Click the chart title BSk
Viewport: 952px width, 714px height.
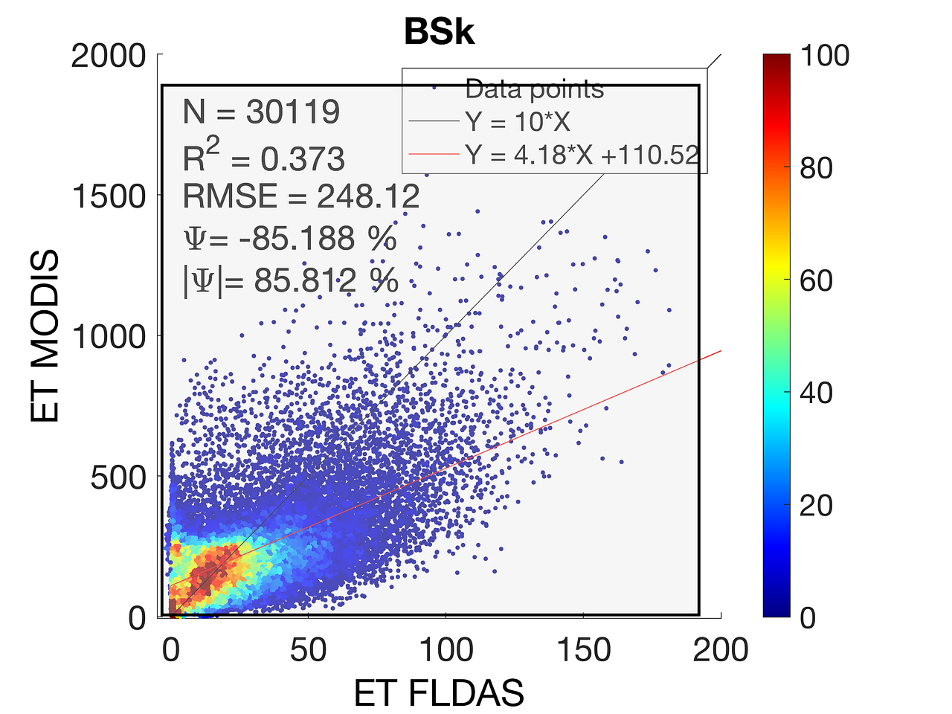coord(439,33)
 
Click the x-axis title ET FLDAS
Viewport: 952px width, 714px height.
coord(439,693)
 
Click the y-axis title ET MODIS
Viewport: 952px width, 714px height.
coord(46,336)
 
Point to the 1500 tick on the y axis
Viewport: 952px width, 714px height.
coord(109,196)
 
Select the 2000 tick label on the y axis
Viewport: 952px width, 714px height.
coord(109,56)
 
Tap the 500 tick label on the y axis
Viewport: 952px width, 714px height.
coord(118,477)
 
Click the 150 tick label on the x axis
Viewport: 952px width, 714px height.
coord(583,650)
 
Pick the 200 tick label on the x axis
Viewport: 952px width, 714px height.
coord(720,650)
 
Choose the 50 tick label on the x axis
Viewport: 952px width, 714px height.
coord(308,650)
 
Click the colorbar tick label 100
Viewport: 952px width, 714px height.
coord(824,56)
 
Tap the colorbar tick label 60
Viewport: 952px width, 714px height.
coord(816,280)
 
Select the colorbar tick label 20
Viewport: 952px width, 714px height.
coord(816,506)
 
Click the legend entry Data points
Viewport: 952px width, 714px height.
coord(534,89)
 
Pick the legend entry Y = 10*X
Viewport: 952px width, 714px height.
coord(518,121)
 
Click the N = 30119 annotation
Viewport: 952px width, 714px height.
coord(261,112)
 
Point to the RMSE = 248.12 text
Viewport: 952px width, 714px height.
coord(301,197)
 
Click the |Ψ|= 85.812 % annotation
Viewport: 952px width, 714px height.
coord(291,281)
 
